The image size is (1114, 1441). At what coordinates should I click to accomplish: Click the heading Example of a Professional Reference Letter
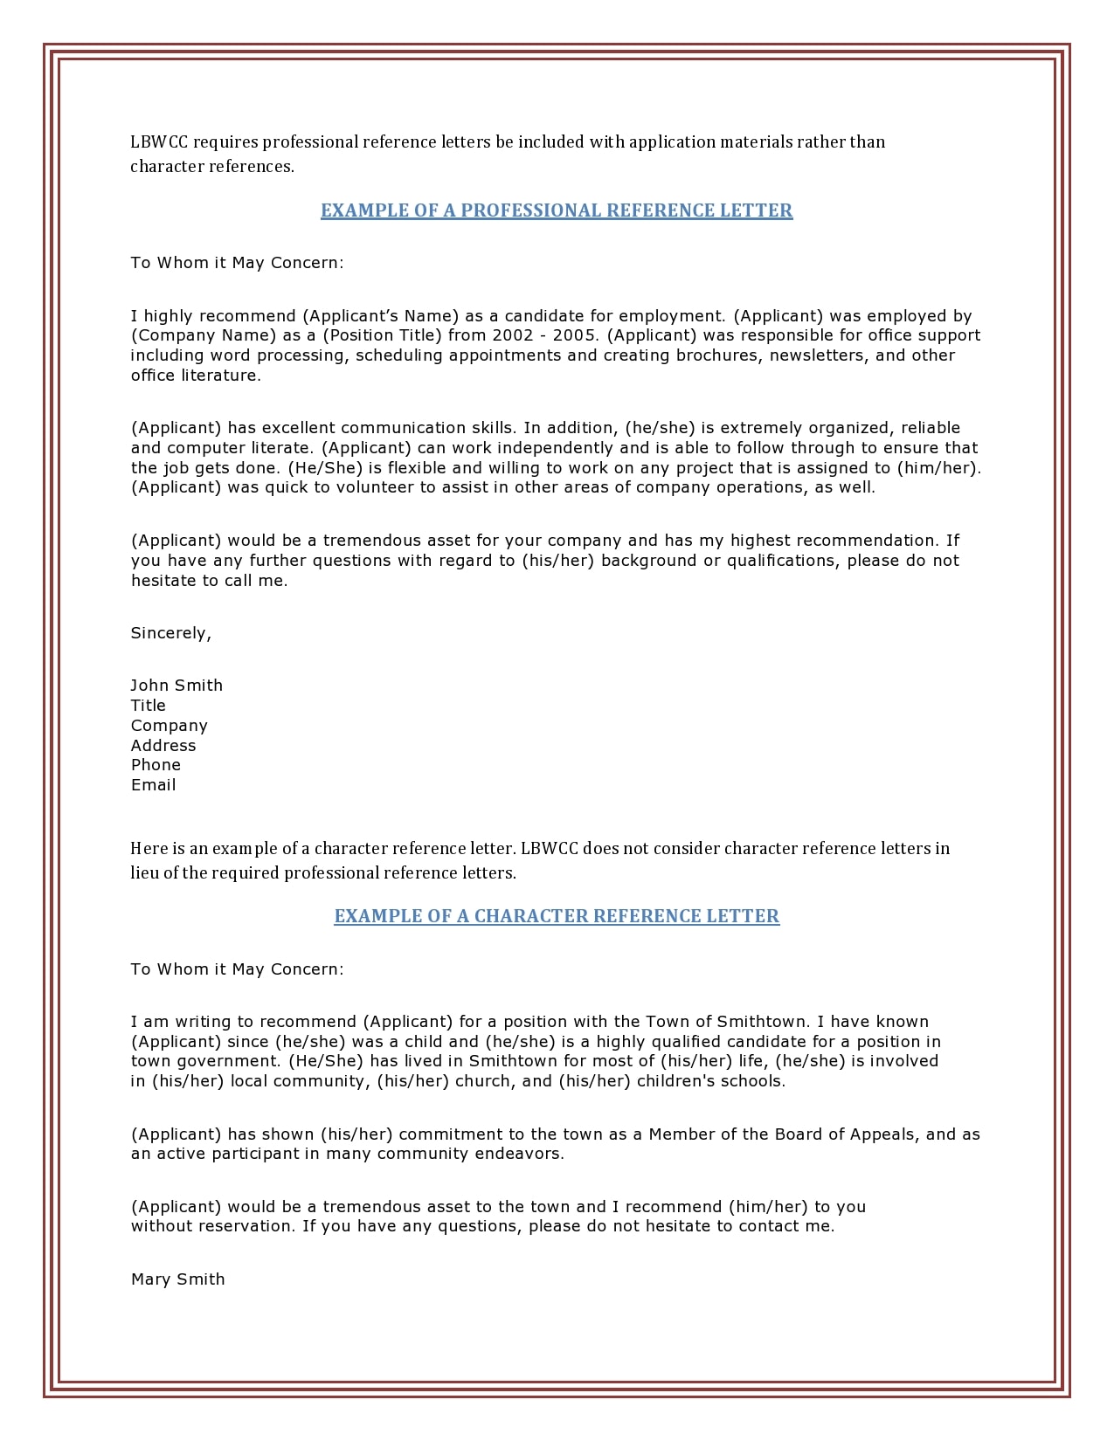click(x=557, y=210)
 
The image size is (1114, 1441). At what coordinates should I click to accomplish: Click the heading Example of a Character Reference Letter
click(x=557, y=916)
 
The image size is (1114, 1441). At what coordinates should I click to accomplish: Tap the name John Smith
click(x=176, y=686)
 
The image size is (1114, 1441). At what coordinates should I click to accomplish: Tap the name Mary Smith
click(x=177, y=1279)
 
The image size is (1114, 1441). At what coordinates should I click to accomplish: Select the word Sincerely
click(x=170, y=633)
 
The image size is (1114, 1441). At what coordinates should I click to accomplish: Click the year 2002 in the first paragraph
click(x=511, y=335)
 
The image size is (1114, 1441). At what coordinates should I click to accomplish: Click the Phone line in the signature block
click(x=156, y=765)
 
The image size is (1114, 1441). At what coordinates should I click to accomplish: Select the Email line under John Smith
click(x=153, y=785)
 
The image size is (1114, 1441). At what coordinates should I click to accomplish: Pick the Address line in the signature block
click(x=163, y=746)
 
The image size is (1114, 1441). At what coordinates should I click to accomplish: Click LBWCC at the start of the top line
click(x=159, y=142)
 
